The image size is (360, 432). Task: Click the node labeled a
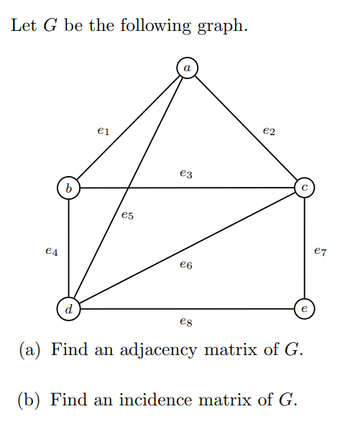(187, 67)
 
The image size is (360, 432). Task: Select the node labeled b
(68, 188)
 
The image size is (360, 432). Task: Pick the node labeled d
(68, 310)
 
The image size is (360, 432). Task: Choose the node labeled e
(305, 310)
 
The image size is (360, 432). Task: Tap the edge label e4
(51, 252)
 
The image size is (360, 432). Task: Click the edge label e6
(186, 265)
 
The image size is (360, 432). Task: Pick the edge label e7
(321, 251)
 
